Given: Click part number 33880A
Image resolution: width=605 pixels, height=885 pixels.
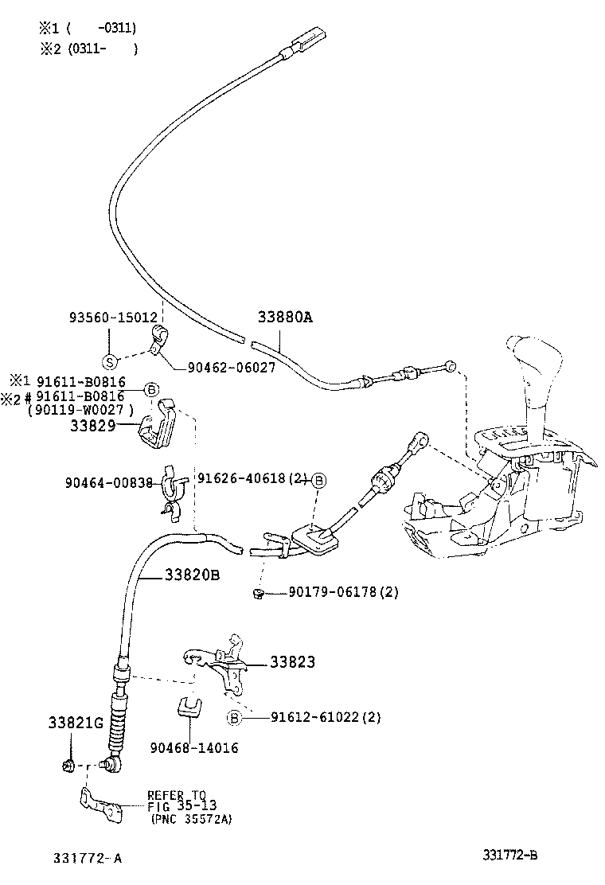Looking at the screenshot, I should pos(285,317).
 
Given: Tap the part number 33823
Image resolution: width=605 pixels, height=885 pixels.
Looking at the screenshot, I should pos(292,661).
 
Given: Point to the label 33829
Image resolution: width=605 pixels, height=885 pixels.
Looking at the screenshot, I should pos(92,426).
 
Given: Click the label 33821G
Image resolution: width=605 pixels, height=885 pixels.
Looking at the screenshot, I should pos(76,723).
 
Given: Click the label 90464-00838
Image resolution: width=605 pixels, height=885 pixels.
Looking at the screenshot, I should pos(108,482).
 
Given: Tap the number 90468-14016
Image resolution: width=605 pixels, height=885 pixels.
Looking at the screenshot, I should pos(193,748).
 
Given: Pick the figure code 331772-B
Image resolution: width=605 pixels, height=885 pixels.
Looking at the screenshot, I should pos(509,855).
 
